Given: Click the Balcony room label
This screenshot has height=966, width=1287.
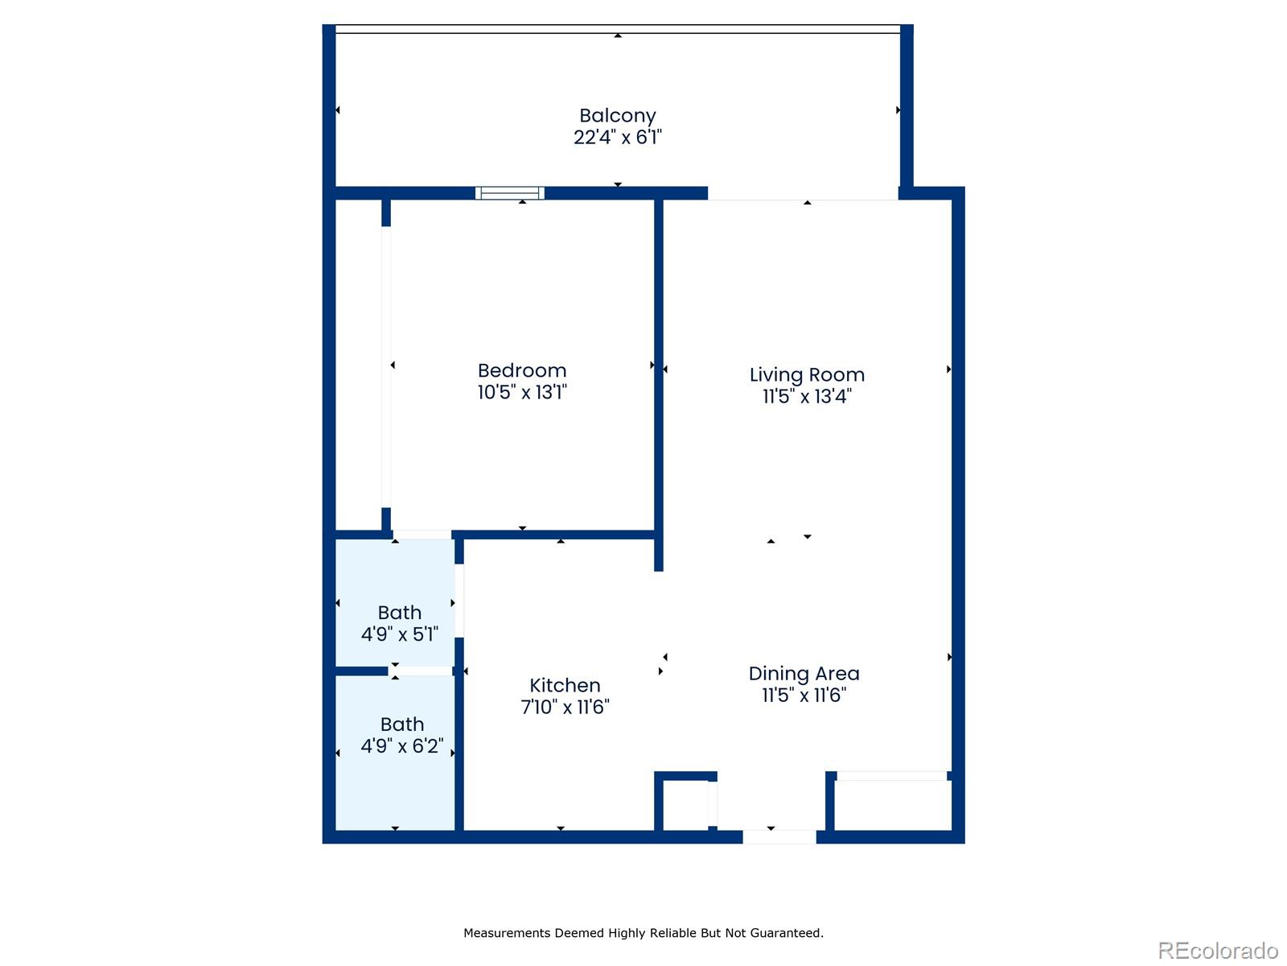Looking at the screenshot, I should pos(617,116).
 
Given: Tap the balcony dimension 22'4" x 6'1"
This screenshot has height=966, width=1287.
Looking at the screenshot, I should pos(617,138).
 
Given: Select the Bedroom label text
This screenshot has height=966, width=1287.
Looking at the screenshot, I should pos(522,370).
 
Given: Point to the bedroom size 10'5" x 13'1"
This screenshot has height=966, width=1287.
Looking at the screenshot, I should pos(522,392).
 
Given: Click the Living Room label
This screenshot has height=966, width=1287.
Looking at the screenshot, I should pos(807,374).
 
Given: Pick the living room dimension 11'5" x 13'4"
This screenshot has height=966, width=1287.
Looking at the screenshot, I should pos(807,396).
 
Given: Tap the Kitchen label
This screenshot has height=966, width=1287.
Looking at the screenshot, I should pos(565,685).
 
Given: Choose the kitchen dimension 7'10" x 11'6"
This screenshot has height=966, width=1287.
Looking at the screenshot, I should pos(565,707).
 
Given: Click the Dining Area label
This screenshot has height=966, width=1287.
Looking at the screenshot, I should pos(804,673).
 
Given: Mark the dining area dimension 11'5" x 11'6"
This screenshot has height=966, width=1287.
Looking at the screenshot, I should pos(804,695).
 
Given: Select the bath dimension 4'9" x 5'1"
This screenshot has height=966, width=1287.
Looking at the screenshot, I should pos(399,634).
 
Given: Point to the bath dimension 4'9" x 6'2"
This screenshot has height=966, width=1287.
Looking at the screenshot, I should pos(401,746).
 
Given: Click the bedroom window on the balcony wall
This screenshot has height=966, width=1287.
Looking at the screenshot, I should pos(509,193).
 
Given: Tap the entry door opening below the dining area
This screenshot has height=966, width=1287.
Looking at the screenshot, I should pos(779,837).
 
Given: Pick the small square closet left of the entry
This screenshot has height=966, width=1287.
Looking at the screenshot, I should pos(685,804).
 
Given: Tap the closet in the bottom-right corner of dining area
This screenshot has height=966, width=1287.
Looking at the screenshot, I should pos(892,805).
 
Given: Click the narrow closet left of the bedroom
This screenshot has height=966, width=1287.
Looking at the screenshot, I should pos(358,366).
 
